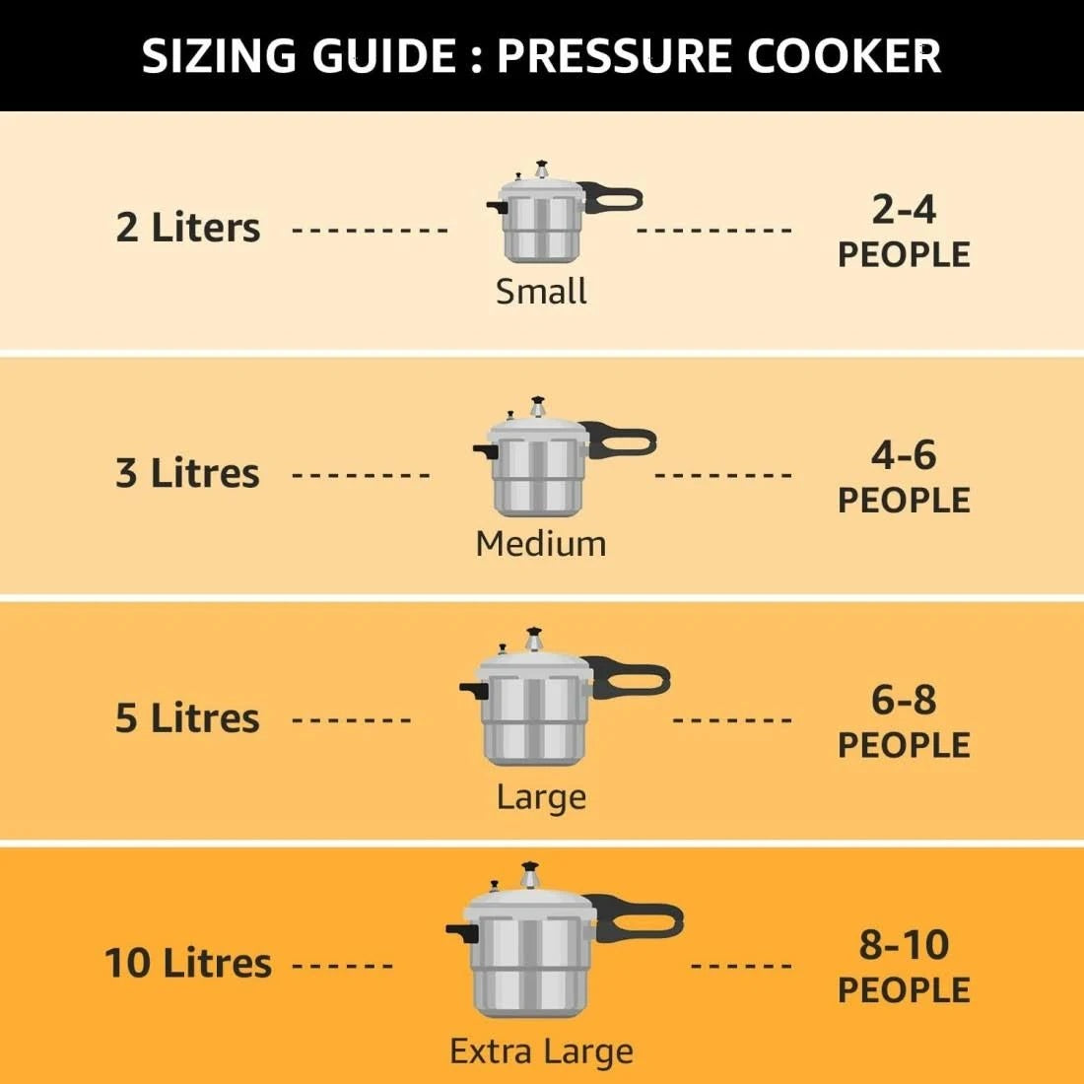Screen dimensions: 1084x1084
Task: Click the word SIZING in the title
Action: (220, 56)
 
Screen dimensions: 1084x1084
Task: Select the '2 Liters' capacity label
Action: (187, 228)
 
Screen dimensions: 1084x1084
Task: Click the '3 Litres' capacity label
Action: (187, 473)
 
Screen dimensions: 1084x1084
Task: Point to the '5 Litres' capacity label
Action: (187, 718)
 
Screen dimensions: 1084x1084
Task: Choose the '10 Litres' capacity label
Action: (187, 963)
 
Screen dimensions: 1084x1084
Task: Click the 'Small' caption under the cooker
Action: (541, 292)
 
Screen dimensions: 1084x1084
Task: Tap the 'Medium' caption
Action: (541, 544)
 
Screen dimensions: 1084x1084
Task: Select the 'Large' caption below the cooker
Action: (541, 796)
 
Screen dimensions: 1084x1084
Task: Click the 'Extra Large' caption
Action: (541, 1051)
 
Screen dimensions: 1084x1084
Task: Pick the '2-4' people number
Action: (904, 209)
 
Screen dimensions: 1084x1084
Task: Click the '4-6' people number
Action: (904, 454)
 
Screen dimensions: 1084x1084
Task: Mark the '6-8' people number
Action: (904, 700)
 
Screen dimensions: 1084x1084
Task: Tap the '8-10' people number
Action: (904, 944)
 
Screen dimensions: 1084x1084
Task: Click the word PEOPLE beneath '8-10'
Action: (904, 990)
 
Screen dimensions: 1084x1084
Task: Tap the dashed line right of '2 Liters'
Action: (371, 231)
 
